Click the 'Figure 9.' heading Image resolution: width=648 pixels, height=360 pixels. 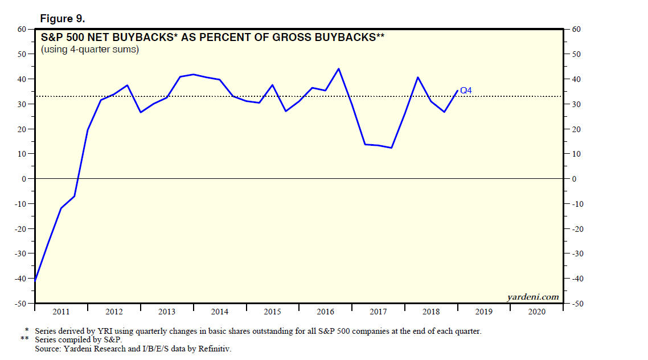pyautogui.click(x=62, y=19)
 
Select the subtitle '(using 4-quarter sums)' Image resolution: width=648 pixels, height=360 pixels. pyautogui.click(x=90, y=50)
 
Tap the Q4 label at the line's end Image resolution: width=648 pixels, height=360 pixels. pyautogui.click(x=466, y=90)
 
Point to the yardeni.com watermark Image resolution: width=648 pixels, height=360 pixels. pyautogui.click(x=532, y=297)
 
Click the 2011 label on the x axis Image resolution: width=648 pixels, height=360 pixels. pyautogui.click(x=61, y=312)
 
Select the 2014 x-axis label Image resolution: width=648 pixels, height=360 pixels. pyautogui.click(x=219, y=312)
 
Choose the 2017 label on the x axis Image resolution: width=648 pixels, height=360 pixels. pyautogui.click(x=378, y=312)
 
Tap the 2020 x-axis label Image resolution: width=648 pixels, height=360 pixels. pyautogui.click(x=536, y=312)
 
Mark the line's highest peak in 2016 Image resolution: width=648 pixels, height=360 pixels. pyautogui.click(x=339, y=69)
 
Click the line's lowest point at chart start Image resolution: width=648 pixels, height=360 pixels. pyautogui.click(x=35, y=280)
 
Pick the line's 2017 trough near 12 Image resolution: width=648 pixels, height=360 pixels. pyautogui.click(x=392, y=148)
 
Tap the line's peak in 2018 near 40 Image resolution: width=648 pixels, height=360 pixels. pyautogui.click(x=418, y=77)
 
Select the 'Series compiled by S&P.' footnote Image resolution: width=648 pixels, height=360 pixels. pyautogui.click(x=78, y=339)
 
